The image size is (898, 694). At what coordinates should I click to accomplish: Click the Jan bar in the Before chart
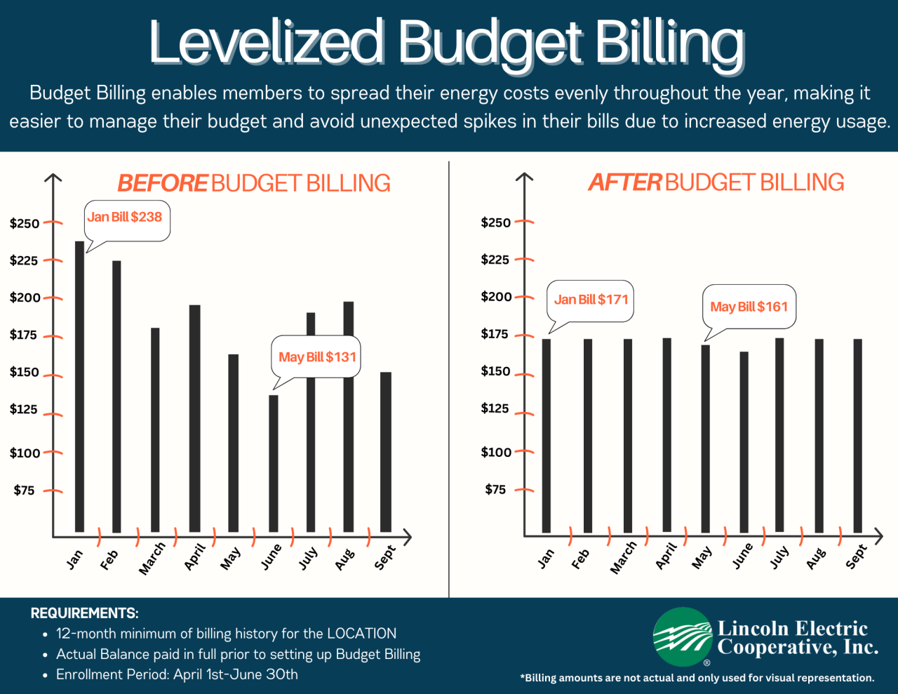(x=79, y=386)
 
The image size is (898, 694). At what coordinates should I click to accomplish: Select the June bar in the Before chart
(x=273, y=463)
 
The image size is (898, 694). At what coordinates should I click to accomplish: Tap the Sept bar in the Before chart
(x=385, y=452)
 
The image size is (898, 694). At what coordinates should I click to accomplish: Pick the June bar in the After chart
(x=744, y=442)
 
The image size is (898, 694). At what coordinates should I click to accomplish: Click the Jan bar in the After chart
(x=546, y=435)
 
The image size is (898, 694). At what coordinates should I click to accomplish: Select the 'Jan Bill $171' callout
(x=591, y=300)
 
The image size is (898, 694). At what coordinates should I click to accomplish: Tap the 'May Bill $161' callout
(x=749, y=307)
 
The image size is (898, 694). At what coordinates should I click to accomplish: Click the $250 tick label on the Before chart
(x=25, y=224)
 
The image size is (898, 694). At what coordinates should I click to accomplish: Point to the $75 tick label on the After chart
(x=495, y=489)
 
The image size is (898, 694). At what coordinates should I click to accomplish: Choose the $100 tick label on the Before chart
(x=25, y=453)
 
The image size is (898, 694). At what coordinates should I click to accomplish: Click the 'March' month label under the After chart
(x=623, y=558)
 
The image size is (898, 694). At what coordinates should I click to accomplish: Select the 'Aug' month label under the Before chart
(x=344, y=559)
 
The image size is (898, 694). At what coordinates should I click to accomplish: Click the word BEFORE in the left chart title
(x=162, y=183)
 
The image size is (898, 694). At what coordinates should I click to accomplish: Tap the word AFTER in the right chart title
(x=624, y=182)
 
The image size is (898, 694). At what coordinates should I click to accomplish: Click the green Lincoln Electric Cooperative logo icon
(x=683, y=636)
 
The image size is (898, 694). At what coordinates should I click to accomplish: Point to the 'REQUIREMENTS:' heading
(x=84, y=613)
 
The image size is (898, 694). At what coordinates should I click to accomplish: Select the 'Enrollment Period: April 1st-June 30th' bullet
(x=177, y=674)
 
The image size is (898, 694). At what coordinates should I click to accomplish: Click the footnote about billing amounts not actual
(x=697, y=678)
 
